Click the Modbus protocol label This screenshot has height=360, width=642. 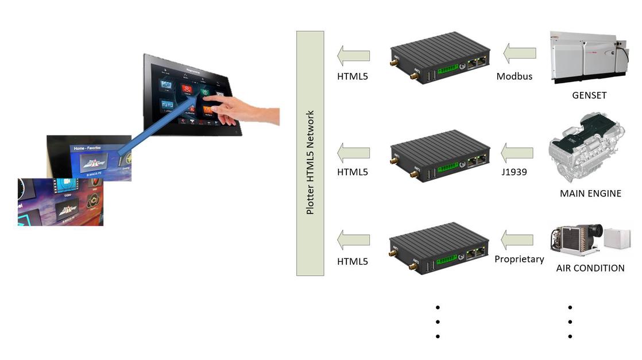click(515, 76)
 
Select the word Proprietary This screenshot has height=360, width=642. click(519, 259)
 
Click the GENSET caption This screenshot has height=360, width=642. click(589, 95)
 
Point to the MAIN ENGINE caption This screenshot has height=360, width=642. click(590, 193)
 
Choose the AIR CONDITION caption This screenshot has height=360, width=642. click(590, 268)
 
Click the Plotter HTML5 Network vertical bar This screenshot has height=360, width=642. click(310, 153)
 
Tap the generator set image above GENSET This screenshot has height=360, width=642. click(588, 57)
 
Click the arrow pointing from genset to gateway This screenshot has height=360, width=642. click(520, 53)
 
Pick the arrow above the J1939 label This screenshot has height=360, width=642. click(517, 153)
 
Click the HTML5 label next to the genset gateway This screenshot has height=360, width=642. click(352, 76)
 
